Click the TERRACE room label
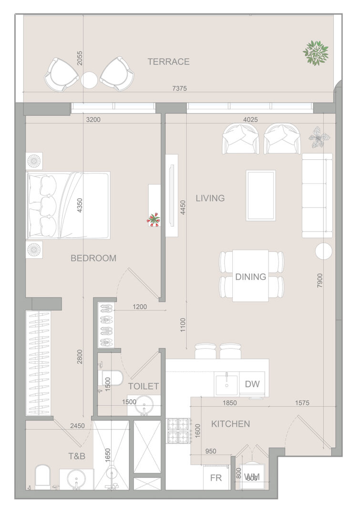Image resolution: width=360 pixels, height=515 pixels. (168, 62)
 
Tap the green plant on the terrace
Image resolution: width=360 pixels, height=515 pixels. (316, 53)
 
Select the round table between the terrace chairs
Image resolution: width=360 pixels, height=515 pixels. (89, 80)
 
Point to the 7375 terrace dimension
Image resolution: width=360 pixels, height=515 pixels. (179, 88)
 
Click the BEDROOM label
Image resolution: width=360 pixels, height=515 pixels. (93, 258)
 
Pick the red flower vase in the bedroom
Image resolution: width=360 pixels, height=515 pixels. (154, 219)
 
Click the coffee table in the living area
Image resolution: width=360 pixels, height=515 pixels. (261, 196)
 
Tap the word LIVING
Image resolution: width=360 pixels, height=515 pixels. (210, 198)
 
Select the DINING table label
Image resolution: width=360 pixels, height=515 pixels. (251, 277)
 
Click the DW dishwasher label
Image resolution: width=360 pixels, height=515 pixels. (252, 384)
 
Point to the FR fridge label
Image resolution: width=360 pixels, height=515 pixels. (216, 478)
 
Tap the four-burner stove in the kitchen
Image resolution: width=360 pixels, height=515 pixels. (178, 431)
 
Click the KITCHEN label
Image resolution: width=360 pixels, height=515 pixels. (231, 424)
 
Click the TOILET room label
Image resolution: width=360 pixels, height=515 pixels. (144, 386)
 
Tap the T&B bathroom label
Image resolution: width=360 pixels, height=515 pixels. (77, 456)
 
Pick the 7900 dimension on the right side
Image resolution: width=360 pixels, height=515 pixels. (320, 281)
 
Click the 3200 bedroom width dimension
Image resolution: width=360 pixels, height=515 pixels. (93, 120)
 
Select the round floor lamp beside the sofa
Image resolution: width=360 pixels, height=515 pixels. (324, 251)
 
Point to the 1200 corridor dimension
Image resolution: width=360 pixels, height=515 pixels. (140, 307)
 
